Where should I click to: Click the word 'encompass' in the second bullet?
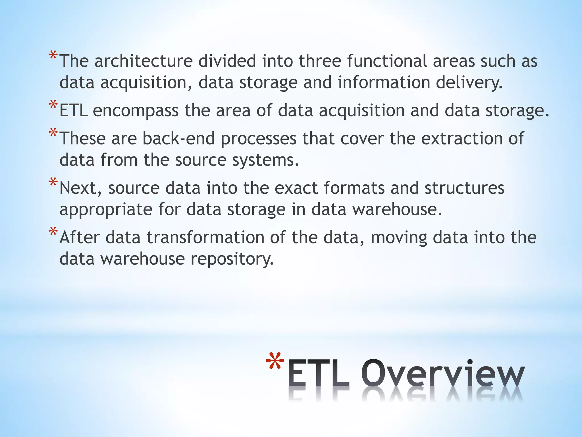136,111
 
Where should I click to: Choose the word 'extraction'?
462,139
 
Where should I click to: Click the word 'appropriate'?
106,210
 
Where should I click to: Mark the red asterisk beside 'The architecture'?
53,55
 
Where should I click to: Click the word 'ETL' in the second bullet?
73,111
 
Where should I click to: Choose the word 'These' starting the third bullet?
83,139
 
